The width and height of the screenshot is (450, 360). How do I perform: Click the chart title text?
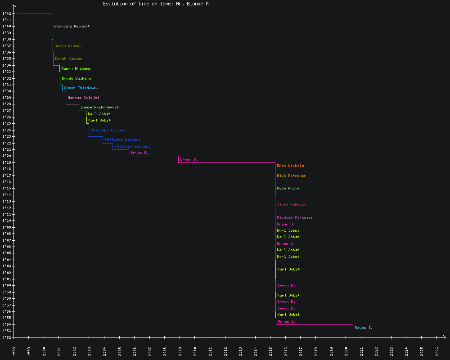coord(156,4)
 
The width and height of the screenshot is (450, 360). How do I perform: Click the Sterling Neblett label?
coord(72,26)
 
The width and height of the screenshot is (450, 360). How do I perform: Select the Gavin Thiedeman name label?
coord(81,88)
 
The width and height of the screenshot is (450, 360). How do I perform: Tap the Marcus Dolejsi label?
coord(83,98)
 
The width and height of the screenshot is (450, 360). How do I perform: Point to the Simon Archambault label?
coord(99,107)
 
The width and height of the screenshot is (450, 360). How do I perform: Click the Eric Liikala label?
coord(290,166)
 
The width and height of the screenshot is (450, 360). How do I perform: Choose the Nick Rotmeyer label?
coord(291,175)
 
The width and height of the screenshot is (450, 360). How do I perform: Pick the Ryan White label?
coord(288,188)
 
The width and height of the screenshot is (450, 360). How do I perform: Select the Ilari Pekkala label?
coord(292,204)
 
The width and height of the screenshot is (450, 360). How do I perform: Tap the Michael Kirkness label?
coord(295,217)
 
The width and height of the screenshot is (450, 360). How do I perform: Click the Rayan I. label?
coord(364,328)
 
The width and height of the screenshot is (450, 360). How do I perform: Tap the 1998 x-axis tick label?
coord(13,351)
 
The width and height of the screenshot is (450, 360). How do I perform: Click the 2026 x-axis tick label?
coord(437,351)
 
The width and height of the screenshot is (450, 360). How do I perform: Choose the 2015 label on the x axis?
coord(270,351)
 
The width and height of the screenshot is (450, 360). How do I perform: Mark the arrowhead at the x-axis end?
coord(444,337)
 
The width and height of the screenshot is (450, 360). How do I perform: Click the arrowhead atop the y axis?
coord(13,6)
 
